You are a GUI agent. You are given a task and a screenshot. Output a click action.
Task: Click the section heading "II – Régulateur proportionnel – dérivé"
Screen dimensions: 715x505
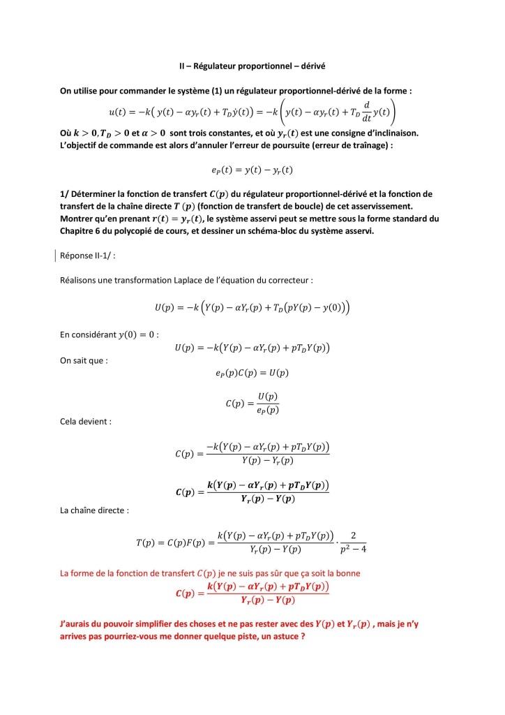pyautogui.click(x=252, y=66)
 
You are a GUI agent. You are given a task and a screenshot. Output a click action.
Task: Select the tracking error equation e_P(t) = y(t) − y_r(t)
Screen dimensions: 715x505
pyautogui.click(x=252, y=170)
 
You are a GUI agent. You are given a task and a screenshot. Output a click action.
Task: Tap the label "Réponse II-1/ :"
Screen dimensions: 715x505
pyautogui.click(x=88, y=256)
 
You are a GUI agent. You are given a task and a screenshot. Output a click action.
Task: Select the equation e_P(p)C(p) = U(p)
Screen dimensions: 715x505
pyautogui.click(x=252, y=373)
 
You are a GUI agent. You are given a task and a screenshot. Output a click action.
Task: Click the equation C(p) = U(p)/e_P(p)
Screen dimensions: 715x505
pyautogui.click(x=252, y=401)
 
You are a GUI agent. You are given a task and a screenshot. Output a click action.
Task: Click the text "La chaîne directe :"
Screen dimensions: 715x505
pyautogui.click(x=96, y=510)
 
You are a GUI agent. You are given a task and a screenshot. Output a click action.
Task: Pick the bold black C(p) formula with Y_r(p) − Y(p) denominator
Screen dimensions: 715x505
pyautogui.click(x=252, y=492)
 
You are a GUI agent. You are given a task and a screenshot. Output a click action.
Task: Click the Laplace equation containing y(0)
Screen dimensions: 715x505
pyautogui.click(x=252, y=308)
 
